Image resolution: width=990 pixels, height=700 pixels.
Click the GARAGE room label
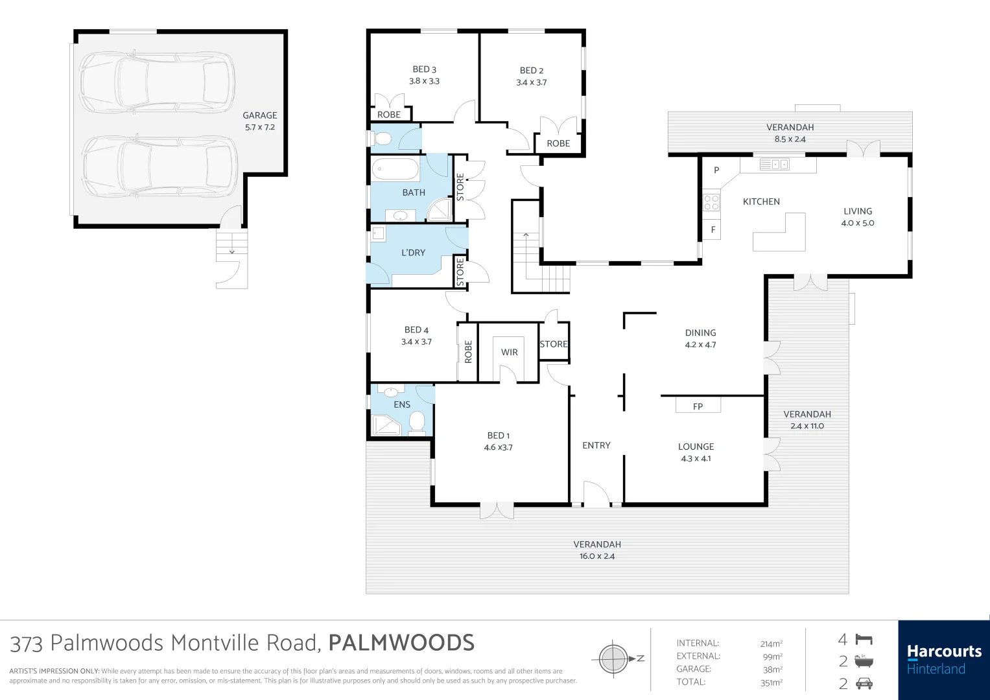point(259,115)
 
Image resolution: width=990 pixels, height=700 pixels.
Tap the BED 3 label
point(424,69)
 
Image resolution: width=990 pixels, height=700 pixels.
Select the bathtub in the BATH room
point(395,170)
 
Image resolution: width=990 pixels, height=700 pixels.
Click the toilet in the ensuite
point(416,422)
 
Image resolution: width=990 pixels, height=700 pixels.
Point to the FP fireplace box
point(698,406)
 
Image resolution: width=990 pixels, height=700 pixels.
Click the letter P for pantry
point(716,170)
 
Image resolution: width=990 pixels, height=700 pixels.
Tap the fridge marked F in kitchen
point(713,229)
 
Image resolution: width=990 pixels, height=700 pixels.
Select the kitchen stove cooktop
point(711,203)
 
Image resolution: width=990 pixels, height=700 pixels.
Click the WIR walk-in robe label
point(509,352)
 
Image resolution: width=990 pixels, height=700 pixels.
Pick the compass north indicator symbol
point(613,659)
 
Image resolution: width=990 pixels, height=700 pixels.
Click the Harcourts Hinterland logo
point(943,660)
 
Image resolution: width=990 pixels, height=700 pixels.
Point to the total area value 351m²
point(772,682)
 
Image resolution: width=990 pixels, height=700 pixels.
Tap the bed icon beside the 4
point(864,640)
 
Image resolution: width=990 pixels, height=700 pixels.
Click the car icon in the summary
point(864,683)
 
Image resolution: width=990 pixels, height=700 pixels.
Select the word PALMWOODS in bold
point(401,642)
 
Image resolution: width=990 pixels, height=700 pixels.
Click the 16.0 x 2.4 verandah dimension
point(596,556)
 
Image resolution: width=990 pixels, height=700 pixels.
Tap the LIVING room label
point(857,211)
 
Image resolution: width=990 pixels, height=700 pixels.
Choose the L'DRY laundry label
point(413,252)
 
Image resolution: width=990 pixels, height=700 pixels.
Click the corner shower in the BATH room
point(440,210)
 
